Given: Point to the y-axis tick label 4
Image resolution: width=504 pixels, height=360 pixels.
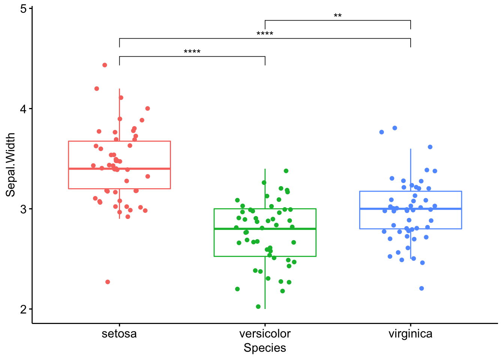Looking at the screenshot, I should click(x=23, y=109).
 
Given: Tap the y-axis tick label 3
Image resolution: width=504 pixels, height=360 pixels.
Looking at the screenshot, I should click(x=23, y=209).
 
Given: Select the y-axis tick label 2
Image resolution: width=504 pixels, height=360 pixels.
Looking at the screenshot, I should click(x=23, y=309).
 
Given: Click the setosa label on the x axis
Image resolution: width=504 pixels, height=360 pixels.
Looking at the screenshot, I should click(x=119, y=334).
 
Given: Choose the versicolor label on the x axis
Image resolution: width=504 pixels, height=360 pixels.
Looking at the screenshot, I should click(x=265, y=334).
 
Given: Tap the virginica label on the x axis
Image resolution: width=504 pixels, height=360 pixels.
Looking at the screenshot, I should click(x=410, y=334).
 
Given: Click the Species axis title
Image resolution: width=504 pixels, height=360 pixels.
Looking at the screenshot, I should click(x=265, y=348).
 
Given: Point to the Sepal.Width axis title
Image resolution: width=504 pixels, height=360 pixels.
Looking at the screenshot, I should click(x=10, y=165).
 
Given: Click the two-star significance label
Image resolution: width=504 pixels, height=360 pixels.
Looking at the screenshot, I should click(x=337, y=16).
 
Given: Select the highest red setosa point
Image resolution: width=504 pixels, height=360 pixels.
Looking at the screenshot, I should click(x=105, y=65).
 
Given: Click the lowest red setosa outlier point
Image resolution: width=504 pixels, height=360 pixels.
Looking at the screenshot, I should click(x=108, y=282).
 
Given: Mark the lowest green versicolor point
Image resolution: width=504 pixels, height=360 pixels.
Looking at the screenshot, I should click(x=258, y=307).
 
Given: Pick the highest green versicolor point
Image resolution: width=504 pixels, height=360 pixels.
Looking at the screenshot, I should click(x=286, y=171).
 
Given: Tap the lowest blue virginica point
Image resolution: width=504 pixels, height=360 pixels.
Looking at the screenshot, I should click(x=421, y=288).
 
